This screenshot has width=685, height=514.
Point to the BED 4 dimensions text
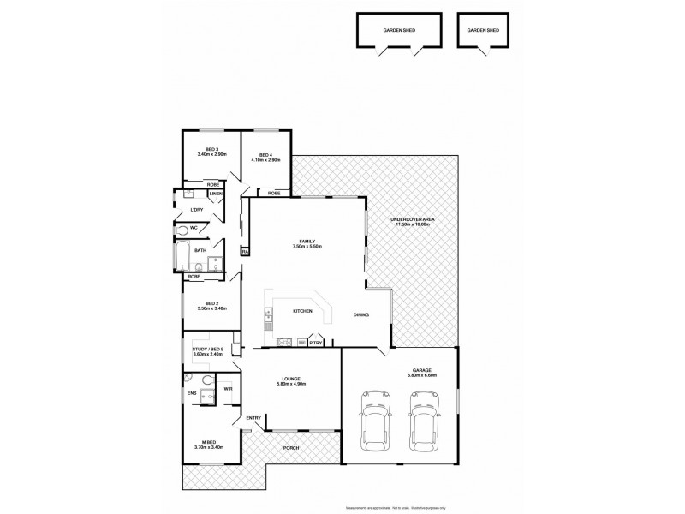pos(266,160)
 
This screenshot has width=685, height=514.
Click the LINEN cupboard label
pos(217,194)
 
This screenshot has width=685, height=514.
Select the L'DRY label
pos(196,210)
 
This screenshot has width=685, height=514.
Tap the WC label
pos(194,227)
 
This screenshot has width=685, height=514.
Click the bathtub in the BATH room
pos(182,254)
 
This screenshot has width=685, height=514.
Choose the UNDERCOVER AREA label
pos(414,219)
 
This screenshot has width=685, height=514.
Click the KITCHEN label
pos(302,311)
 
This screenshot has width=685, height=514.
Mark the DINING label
pos(361,314)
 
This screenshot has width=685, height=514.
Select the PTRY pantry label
pos(316,343)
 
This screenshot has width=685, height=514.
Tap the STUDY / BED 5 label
pos(208,349)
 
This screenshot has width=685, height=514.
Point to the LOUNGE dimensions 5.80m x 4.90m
pos(293,384)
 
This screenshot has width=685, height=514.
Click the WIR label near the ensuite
pos(229,389)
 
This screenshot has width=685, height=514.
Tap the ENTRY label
pos(253,417)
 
